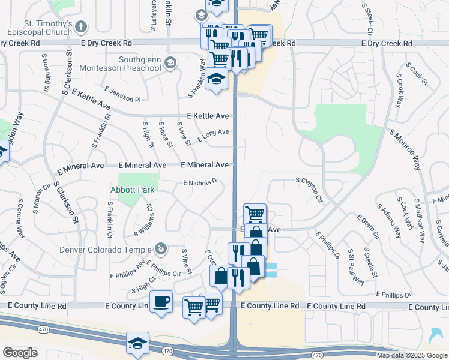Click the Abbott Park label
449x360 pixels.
(132, 190)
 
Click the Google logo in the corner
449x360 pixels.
(20, 353)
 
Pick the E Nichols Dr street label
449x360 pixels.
(200, 182)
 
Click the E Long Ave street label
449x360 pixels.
(214, 135)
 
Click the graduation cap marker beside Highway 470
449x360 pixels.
(137, 344)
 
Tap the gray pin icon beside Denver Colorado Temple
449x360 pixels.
(160, 248)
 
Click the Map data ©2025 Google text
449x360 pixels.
(412, 355)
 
